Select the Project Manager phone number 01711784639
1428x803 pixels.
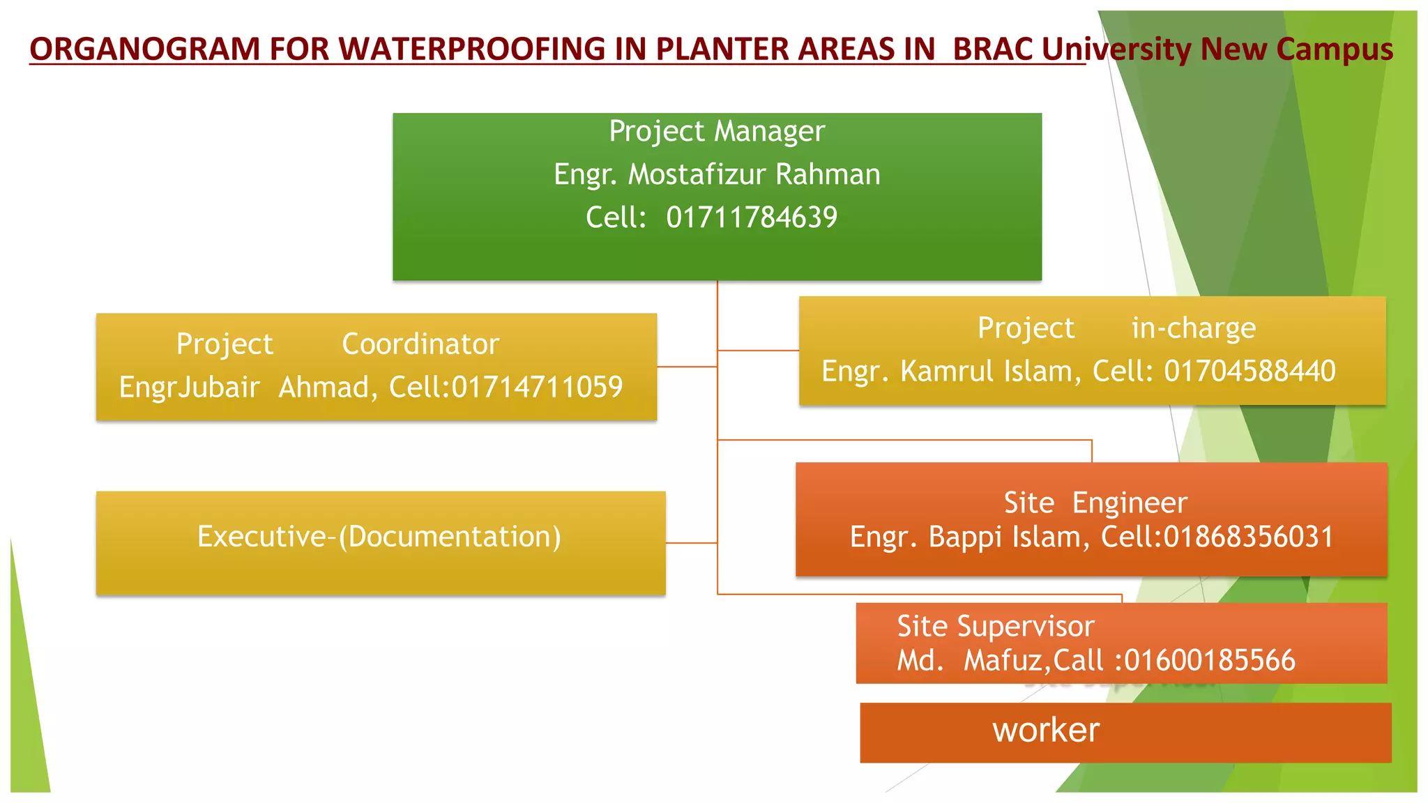point(751,217)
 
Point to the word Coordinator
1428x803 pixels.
point(420,344)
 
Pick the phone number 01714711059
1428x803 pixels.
point(537,388)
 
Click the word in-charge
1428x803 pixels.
point(1193,328)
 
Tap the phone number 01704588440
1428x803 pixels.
point(1249,372)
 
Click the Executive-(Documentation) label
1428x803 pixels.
point(379,537)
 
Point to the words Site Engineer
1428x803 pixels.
point(1095,503)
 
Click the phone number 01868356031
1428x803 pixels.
point(1248,537)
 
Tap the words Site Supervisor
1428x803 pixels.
point(995,626)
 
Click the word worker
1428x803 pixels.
point(1046,731)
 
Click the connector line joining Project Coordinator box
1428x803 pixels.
point(687,367)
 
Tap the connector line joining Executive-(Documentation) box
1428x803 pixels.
point(691,542)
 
